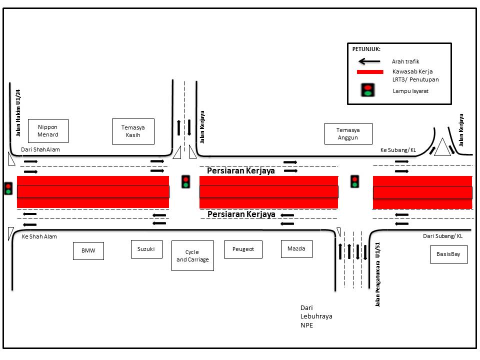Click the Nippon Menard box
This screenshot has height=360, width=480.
48,131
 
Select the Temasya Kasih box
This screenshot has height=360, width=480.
133,131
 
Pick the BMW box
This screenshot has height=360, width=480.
88,251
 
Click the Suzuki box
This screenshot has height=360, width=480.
146,249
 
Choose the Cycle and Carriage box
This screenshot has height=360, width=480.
192,255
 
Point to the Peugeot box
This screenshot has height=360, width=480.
243,249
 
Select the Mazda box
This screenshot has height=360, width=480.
296,248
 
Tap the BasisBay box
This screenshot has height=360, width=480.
449,254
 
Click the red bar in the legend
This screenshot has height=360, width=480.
369,72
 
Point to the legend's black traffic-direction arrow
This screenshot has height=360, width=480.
369,61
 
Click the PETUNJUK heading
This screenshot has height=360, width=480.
366,49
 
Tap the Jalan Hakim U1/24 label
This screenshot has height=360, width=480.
18,113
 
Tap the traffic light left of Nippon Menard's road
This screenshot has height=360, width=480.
8,188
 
